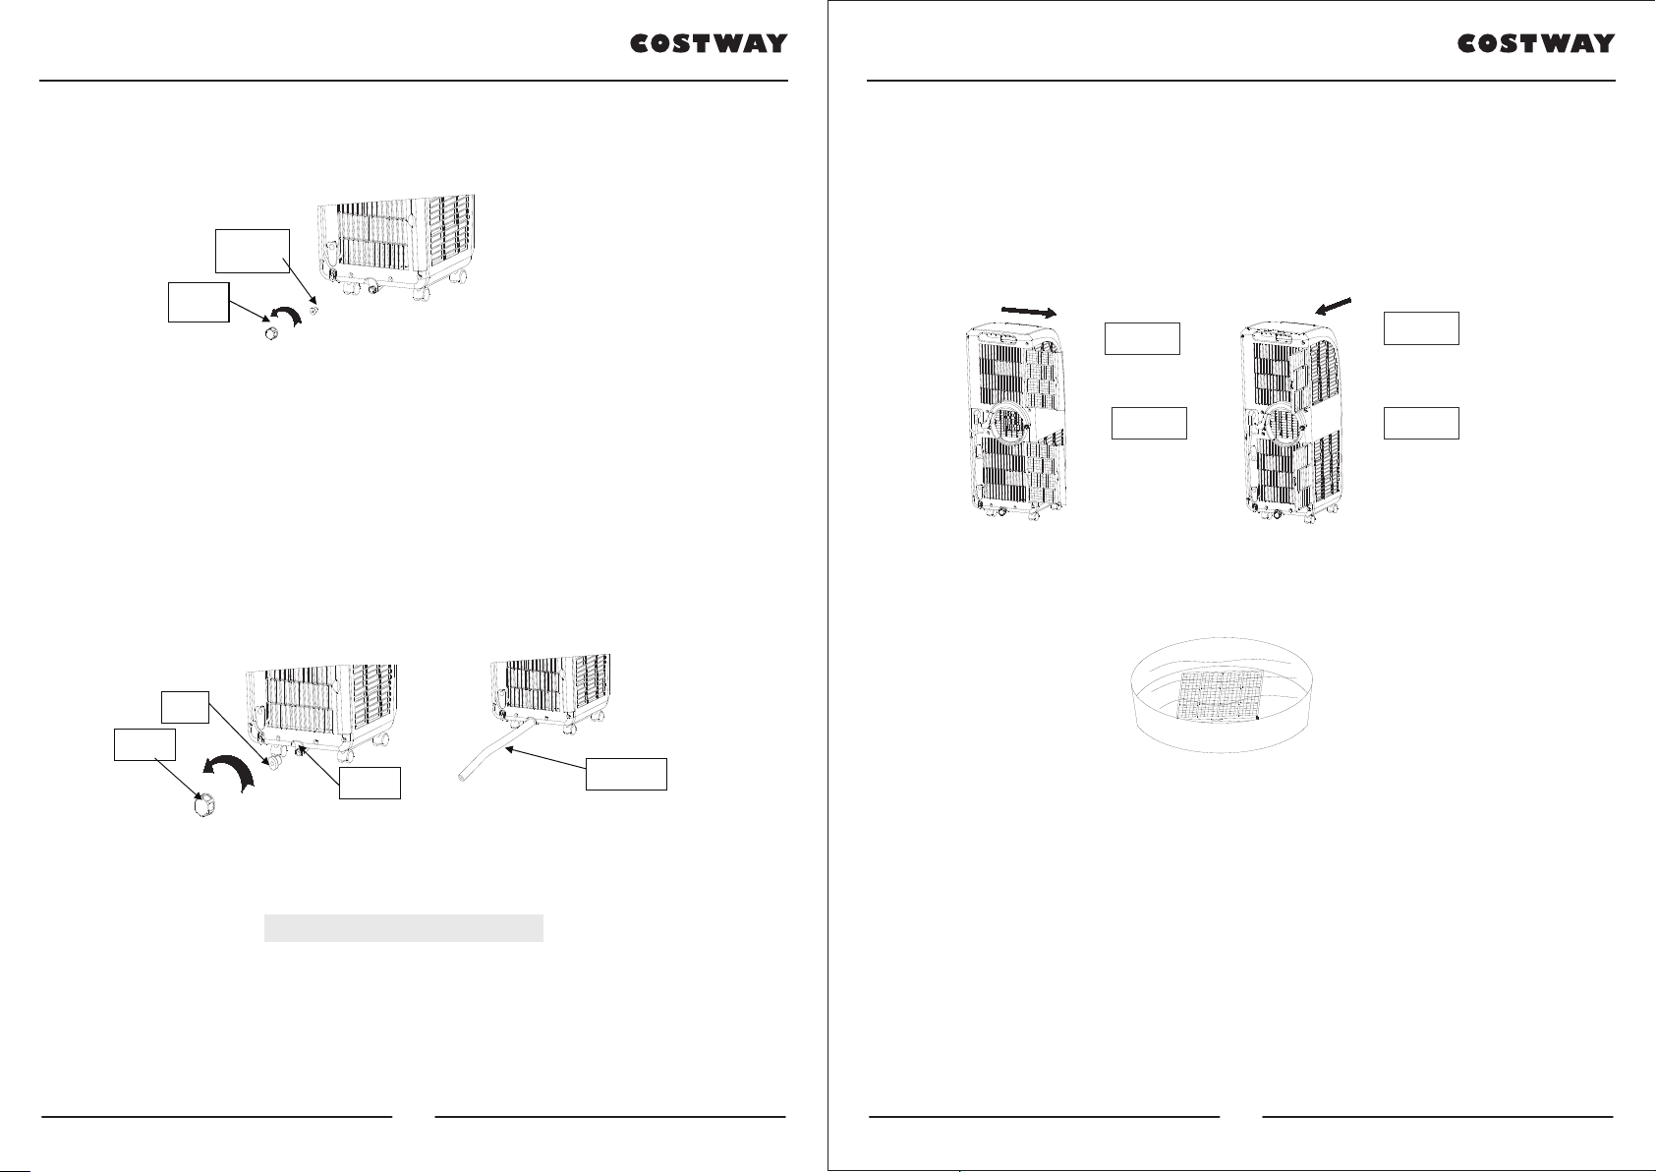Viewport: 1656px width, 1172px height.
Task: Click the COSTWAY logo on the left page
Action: coord(709,43)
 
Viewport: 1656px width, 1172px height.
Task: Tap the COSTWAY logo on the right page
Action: coord(1535,43)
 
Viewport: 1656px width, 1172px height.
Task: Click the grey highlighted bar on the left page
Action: coord(404,927)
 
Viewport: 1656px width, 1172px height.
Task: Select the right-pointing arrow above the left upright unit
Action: coord(1028,312)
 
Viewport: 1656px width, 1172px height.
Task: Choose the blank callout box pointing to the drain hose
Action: coord(626,774)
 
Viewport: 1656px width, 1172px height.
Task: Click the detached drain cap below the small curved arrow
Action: coord(271,333)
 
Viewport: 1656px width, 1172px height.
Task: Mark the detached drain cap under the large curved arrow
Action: coord(203,805)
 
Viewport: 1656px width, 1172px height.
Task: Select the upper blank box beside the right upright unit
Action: coord(1421,328)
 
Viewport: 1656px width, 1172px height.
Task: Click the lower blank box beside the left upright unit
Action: coord(1149,423)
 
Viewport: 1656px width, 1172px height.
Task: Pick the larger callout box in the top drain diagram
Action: coord(253,252)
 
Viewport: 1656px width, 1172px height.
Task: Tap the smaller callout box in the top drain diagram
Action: coord(199,302)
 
